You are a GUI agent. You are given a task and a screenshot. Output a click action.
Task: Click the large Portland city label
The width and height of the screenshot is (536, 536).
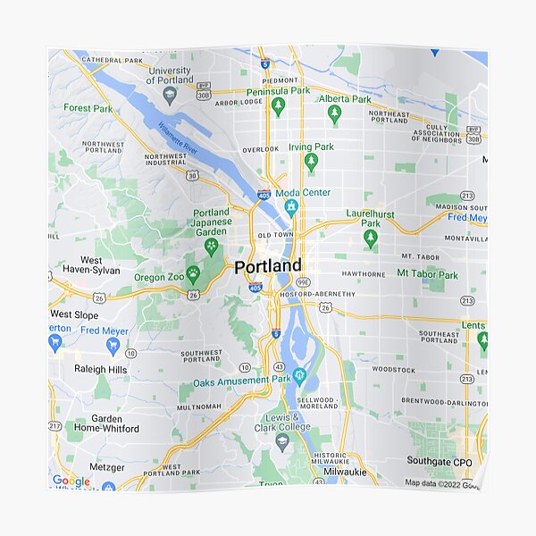click(x=268, y=266)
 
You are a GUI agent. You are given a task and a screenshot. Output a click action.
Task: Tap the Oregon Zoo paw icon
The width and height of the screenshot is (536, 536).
click(x=192, y=272)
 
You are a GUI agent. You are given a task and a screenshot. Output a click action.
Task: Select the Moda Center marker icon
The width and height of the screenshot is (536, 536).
click(x=290, y=208)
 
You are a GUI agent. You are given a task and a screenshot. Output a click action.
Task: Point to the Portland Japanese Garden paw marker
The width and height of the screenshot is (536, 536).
click(x=212, y=245)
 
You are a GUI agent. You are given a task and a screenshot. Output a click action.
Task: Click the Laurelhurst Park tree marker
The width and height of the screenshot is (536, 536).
click(x=371, y=238)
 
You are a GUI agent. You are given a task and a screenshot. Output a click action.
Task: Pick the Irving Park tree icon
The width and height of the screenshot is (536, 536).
click(x=311, y=162)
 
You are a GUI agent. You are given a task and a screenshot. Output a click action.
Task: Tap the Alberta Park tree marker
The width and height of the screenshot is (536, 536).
click(x=334, y=113)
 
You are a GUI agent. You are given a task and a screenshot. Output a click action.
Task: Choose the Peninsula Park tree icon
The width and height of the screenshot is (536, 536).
click(x=278, y=106)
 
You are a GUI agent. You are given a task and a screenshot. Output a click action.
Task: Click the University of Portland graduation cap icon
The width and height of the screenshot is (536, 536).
click(x=170, y=93)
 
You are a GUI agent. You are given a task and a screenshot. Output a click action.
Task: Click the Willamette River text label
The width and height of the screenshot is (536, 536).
click(x=178, y=138)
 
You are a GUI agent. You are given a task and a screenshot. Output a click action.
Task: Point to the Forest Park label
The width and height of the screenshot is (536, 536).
click(x=88, y=108)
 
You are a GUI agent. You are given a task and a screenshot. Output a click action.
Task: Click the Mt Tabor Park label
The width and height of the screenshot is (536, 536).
click(x=427, y=273)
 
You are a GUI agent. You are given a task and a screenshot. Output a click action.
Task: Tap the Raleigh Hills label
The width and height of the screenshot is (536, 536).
click(x=101, y=369)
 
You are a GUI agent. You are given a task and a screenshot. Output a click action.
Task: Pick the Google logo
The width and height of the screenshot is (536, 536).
click(x=71, y=481)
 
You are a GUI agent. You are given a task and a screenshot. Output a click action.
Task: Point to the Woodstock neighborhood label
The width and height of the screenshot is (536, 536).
click(x=394, y=369)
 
